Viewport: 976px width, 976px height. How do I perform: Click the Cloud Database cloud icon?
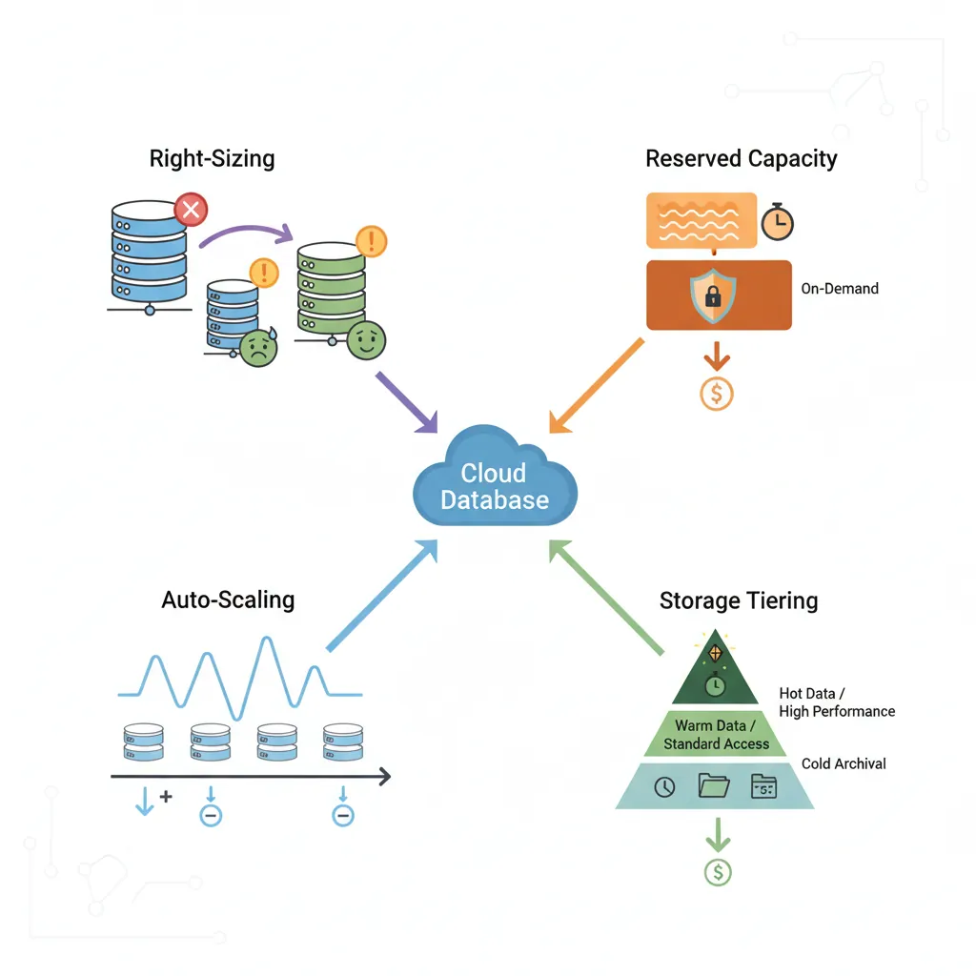495,481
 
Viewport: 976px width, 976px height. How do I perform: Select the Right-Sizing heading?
212,158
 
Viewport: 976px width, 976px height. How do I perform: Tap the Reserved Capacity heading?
741,158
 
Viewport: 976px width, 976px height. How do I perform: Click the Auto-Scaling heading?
228,600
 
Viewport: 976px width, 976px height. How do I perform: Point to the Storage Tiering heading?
739,600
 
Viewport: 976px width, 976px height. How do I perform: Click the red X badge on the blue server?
191,209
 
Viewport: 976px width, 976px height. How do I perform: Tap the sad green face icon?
257,348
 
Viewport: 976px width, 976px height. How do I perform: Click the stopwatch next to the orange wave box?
777,222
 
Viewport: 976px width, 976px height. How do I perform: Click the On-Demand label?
840,288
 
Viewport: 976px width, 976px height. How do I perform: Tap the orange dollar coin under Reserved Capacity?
717,393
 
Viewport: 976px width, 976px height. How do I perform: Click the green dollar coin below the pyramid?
717,870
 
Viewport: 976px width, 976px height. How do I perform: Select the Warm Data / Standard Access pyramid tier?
717,735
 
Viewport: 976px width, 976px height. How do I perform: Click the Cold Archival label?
844,763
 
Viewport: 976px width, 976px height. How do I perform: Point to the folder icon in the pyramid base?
714,785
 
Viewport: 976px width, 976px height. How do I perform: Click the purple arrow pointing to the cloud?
405,401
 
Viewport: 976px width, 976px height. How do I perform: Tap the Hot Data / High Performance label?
837,702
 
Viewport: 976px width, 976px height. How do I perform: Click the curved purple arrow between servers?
246,233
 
